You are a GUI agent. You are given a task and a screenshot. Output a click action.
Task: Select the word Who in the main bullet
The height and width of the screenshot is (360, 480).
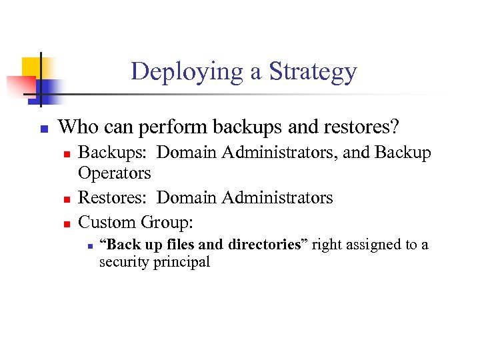(77, 127)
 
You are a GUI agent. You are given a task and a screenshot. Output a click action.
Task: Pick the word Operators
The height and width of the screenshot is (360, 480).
(115, 173)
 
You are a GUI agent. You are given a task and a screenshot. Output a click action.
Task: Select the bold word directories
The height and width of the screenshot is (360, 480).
(265, 245)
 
